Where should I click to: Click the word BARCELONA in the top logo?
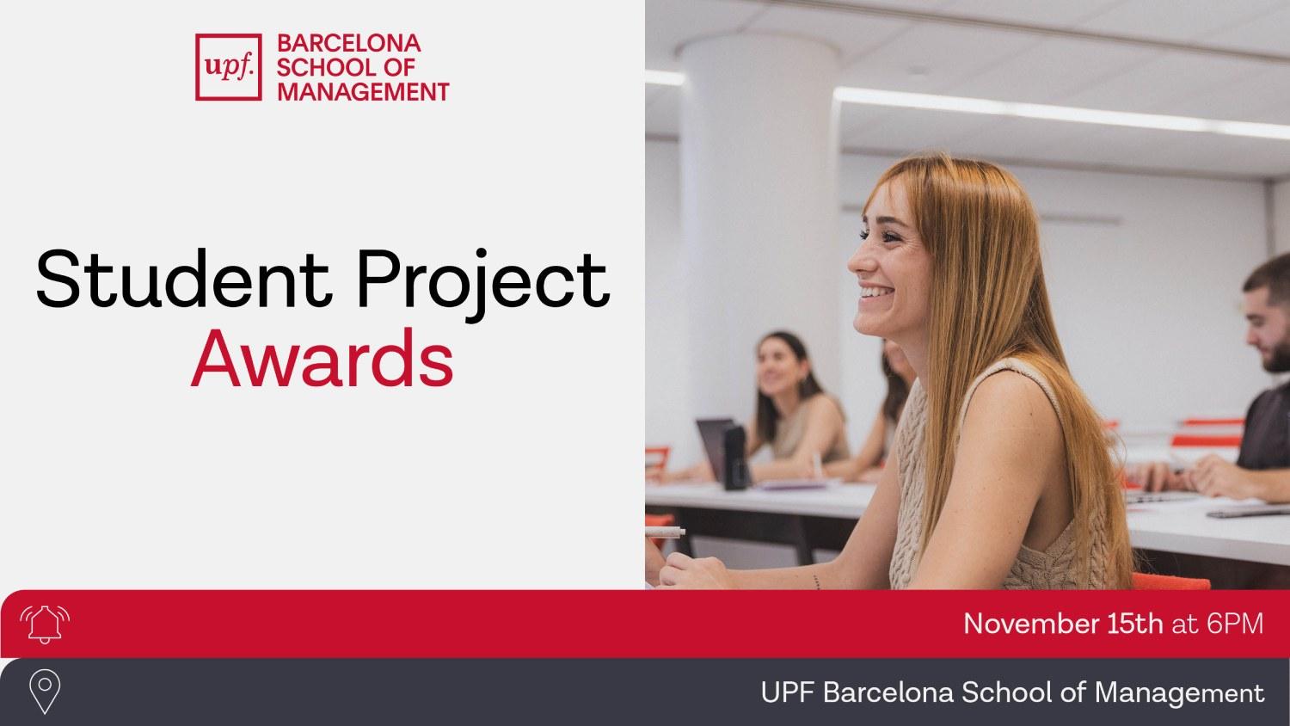(x=347, y=43)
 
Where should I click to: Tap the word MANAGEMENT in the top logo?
(x=362, y=90)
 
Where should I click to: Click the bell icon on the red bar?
(x=44, y=624)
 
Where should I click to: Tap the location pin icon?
(x=44, y=692)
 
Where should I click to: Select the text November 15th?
(x=1063, y=624)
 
